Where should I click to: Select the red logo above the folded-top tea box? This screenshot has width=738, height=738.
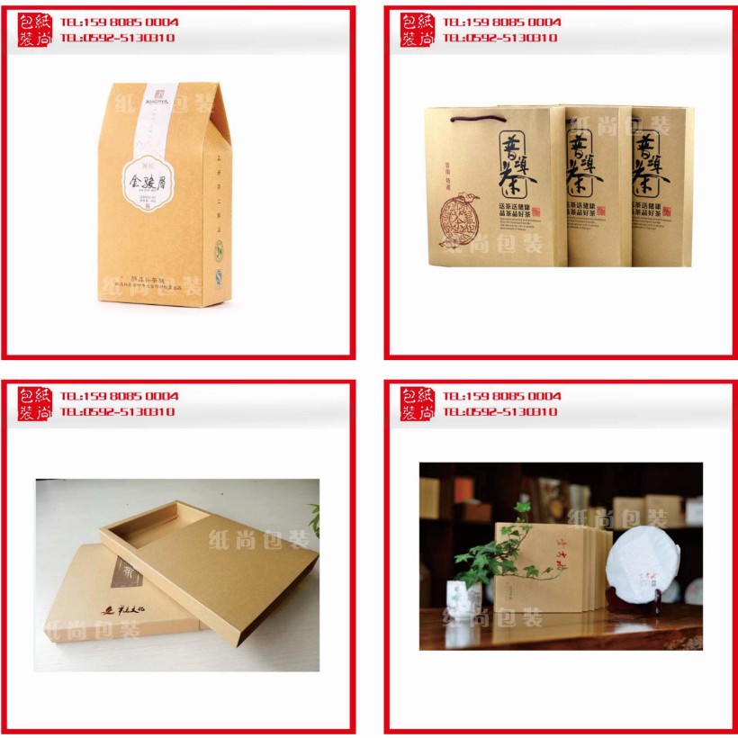[x=35, y=30]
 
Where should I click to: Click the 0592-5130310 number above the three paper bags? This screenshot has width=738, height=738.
[x=499, y=38]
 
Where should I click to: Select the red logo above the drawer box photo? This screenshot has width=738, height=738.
[x=35, y=404]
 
